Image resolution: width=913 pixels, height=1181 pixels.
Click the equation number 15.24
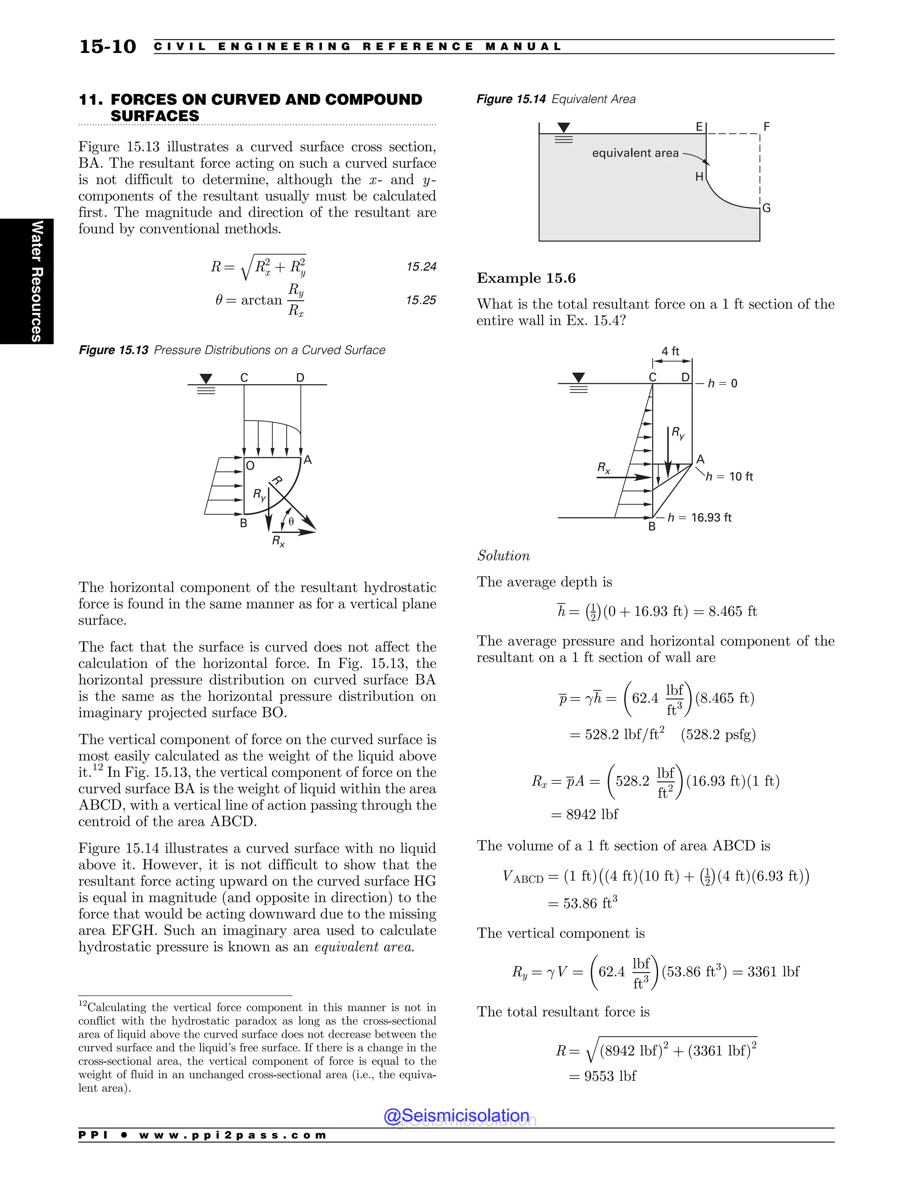[421, 267]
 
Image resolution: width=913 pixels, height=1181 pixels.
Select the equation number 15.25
[421, 300]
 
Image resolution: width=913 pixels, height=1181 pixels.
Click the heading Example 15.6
[526, 278]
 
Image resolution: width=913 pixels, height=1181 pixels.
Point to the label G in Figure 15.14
[766, 209]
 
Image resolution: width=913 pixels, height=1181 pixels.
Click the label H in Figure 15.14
[699, 177]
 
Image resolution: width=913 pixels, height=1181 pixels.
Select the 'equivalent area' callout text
[635, 153]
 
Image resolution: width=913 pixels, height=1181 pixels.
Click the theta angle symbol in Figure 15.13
[291, 522]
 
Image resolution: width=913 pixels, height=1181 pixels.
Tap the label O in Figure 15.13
[250, 466]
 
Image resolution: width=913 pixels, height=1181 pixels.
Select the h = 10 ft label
[730, 476]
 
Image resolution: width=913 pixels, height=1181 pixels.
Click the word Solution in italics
[503, 556]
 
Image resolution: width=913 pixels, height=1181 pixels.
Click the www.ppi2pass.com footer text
[233, 1135]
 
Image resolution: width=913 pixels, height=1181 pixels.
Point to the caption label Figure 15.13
[114, 350]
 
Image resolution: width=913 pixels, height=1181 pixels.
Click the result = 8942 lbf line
[584, 814]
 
